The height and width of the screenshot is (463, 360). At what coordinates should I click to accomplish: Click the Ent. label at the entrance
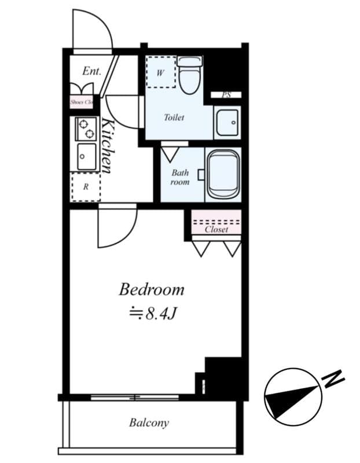tap(91, 71)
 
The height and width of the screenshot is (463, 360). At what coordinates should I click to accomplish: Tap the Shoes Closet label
tap(82, 102)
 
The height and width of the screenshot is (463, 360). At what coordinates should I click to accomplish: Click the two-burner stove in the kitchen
tap(86, 128)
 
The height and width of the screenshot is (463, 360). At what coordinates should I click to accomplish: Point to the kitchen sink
tap(86, 156)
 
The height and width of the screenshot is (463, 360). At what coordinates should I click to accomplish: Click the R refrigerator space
tap(86, 186)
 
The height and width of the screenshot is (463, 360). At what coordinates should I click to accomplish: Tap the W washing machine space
tap(160, 72)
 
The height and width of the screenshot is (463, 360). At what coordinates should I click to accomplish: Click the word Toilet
tap(174, 117)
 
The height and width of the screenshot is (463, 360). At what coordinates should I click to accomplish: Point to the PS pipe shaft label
tap(227, 95)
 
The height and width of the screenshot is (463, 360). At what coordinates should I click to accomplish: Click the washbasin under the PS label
tap(227, 122)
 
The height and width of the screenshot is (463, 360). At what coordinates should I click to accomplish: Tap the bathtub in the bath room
tap(223, 174)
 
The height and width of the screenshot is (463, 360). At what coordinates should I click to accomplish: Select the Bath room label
tap(180, 177)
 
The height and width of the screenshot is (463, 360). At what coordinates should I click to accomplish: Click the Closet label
tap(216, 229)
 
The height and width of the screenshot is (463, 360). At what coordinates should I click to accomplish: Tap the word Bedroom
tap(152, 289)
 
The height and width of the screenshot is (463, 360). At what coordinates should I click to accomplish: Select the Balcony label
tap(149, 422)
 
